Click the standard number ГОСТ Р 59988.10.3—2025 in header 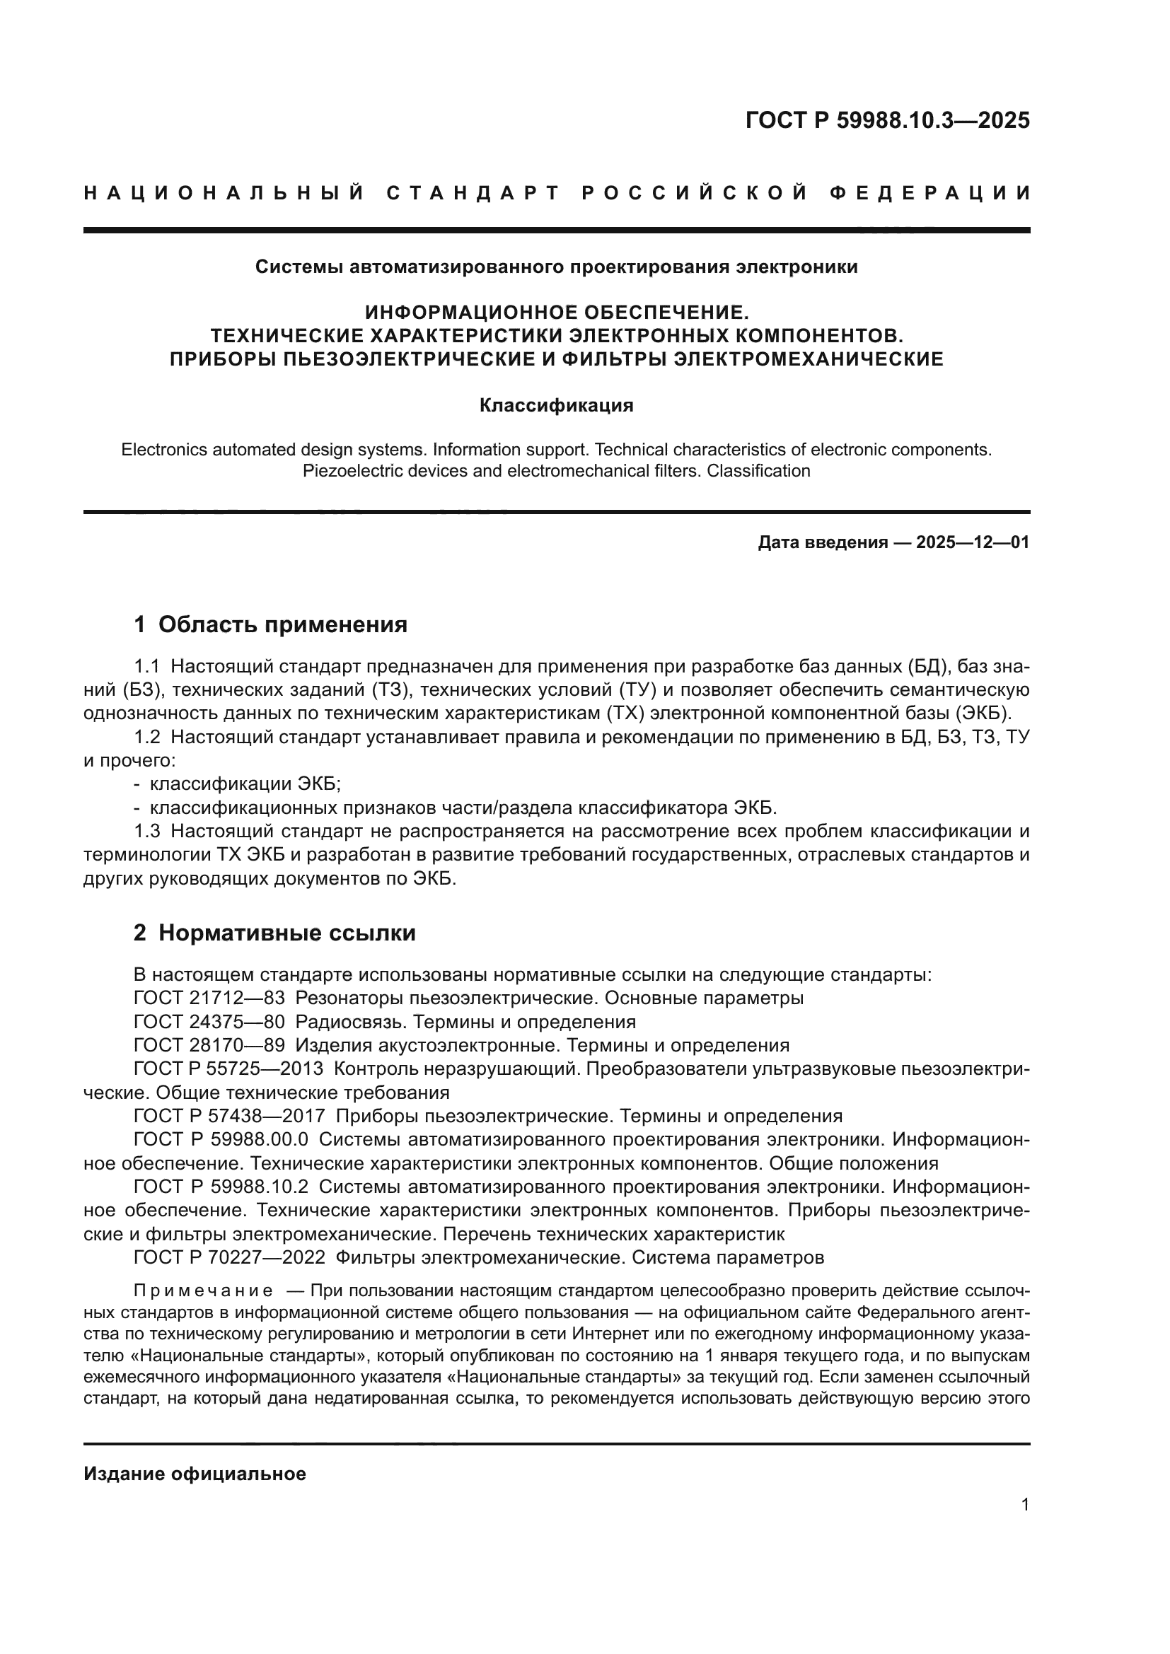887,120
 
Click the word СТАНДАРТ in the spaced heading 473,193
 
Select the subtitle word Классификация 556,406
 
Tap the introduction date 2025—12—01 973,542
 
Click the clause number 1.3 147,832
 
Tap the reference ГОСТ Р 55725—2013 228,1068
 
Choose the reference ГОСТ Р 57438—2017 228,1116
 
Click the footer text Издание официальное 195,1474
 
